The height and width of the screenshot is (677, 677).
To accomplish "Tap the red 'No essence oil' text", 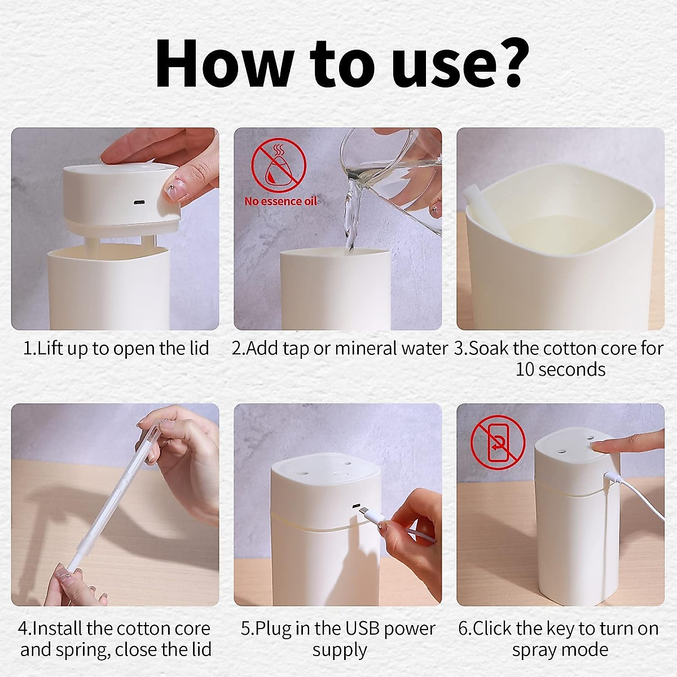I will pos(280,201).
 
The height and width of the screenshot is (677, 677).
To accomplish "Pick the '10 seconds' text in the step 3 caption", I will pos(560,370).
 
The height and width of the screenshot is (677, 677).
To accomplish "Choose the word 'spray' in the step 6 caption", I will pos(535,649).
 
